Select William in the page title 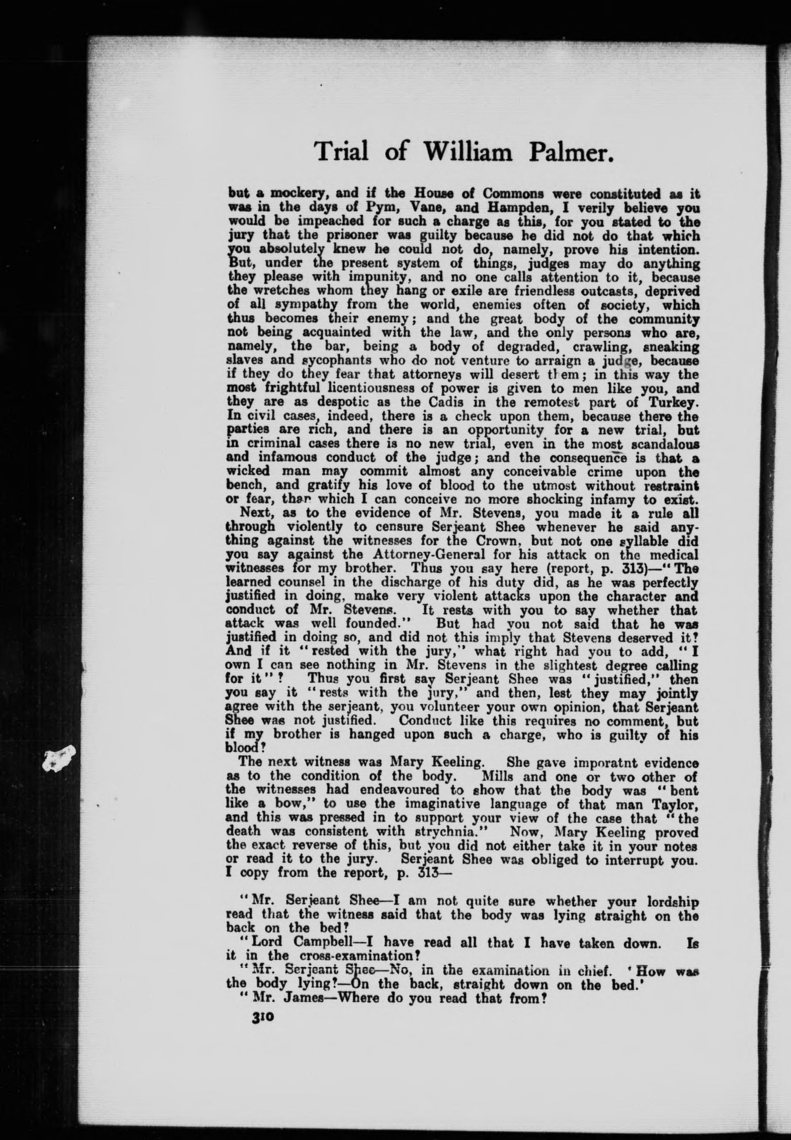(x=467, y=152)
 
